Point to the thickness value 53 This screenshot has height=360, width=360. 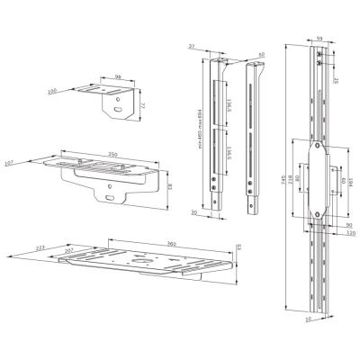click(237, 246)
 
